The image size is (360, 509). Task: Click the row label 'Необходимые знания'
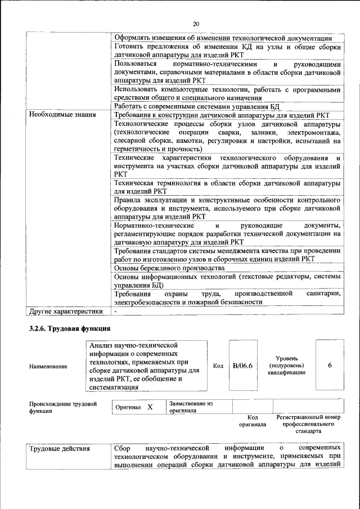[62, 115]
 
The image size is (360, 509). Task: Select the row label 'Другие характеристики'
[66, 310]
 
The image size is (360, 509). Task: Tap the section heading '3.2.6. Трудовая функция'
[70, 328]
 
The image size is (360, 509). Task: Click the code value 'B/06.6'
[242, 366]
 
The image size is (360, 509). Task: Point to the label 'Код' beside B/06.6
[218, 366]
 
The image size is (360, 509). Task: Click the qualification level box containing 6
[330, 366]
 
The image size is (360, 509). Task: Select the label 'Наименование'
[48, 367]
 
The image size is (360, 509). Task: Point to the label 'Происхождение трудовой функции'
[62, 407]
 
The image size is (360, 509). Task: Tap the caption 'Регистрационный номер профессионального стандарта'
[309, 425]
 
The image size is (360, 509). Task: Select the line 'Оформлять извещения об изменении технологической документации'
[223, 37]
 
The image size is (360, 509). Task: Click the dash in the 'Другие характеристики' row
[115, 310]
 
